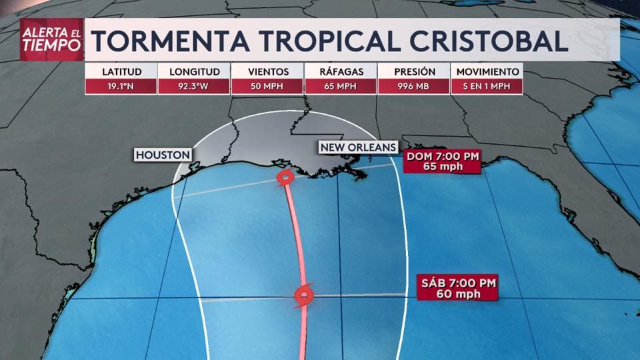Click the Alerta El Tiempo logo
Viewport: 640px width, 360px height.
[52, 39]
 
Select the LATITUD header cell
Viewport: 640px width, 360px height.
[121, 71]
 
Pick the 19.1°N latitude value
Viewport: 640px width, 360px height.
[121, 86]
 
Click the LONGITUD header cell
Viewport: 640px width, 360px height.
[195, 71]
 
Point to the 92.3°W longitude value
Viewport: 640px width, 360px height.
[195, 86]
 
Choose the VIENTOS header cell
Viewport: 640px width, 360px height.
[267, 71]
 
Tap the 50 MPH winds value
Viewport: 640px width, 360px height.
[267, 86]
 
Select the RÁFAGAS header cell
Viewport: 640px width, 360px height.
[341, 71]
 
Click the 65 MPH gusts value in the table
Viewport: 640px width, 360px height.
[341, 86]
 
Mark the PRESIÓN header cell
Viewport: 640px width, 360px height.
[414, 71]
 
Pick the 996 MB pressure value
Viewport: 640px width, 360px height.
[414, 86]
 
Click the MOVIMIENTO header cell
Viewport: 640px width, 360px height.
[487, 71]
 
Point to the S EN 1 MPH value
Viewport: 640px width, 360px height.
[487, 86]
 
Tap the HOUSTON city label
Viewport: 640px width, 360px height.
[163, 155]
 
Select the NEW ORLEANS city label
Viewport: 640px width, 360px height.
[358, 147]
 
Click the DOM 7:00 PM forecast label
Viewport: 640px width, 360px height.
[443, 161]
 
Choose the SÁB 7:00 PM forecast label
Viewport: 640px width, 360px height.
[459, 288]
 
